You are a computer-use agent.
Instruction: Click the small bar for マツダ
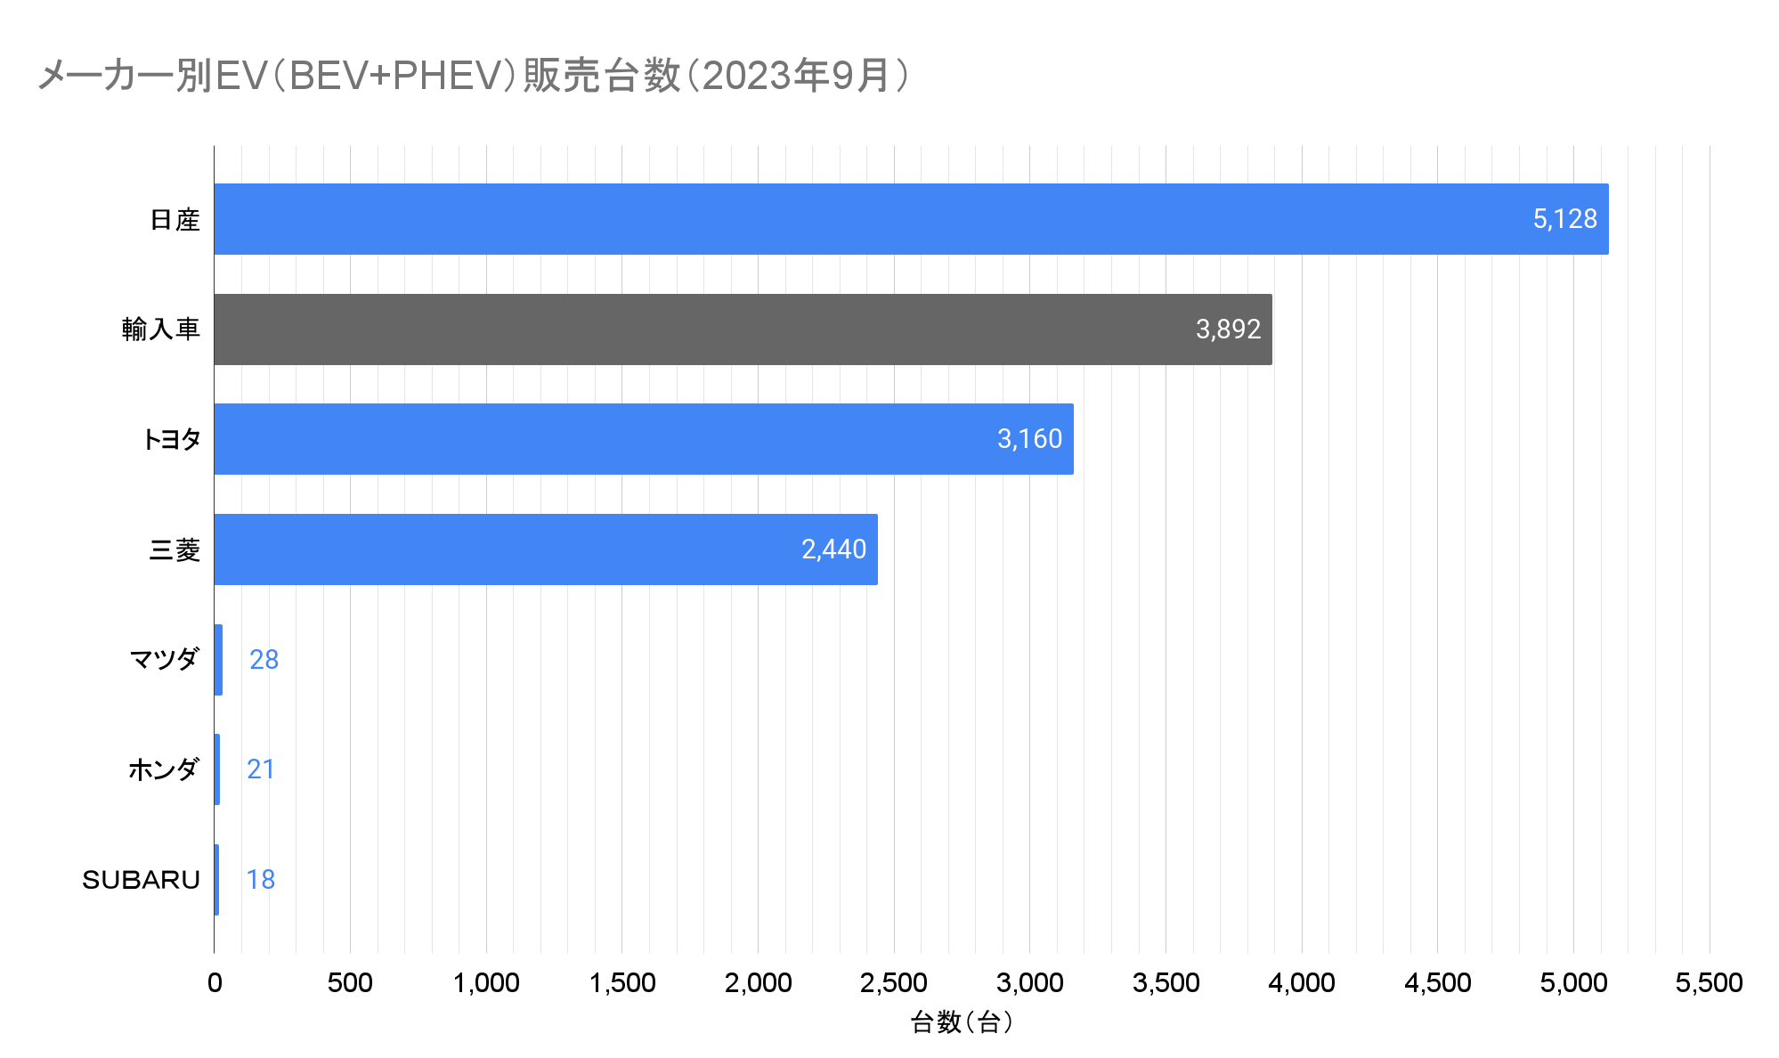(x=218, y=660)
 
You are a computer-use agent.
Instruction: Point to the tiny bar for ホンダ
(x=217, y=769)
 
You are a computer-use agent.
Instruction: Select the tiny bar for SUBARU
(x=216, y=880)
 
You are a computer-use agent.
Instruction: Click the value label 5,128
(x=1564, y=219)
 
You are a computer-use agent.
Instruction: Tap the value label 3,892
(x=1228, y=330)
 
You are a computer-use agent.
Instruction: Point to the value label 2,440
(x=833, y=549)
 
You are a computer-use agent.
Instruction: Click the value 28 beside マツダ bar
(x=264, y=660)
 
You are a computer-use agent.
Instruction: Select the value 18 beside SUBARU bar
(x=260, y=880)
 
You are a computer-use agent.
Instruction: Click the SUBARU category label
(x=141, y=880)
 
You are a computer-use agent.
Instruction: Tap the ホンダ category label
(x=164, y=769)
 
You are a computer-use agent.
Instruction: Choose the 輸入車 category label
(x=161, y=330)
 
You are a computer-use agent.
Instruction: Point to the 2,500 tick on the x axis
(x=893, y=983)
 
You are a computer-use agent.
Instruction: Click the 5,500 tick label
(x=1709, y=983)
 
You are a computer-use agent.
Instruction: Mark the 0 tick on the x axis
(x=215, y=983)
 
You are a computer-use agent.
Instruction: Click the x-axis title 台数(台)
(x=962, y=1022)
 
